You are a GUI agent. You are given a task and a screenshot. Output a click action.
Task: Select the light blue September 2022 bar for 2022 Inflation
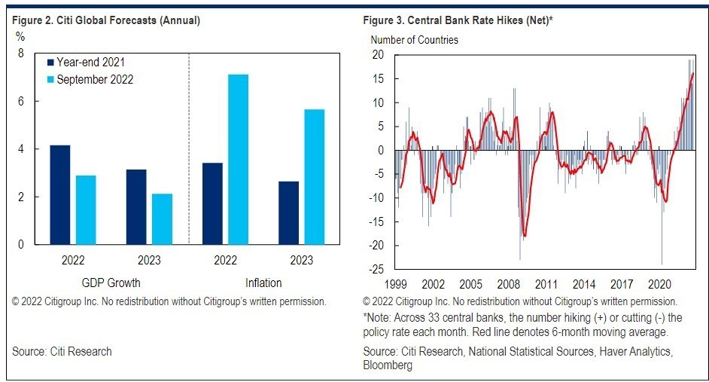pyautogui.click(x=238, y=159)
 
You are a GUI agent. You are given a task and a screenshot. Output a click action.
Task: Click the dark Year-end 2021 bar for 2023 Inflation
pyautogui.click(x=288, y=213)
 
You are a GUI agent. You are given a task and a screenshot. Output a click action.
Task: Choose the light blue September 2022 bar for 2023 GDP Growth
pyautogui.click(x=162, y=219)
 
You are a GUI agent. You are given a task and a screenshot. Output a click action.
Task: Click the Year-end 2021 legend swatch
pyautogui.click(x=50, y=63)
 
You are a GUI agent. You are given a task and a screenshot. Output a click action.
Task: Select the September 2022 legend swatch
pyautogui.click(x=50, y=79)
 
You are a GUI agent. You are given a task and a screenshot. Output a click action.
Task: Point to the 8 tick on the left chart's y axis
pyautogui.click(x=20, y=53)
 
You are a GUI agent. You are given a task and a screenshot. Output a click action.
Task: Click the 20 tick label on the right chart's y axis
pyautogui.click(x=379, y=55)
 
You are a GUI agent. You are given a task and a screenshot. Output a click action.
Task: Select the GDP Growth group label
pyautogui.click(x=111, y=283)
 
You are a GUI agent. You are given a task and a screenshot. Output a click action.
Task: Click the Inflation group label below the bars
pyautogui.click(x=263, y=283)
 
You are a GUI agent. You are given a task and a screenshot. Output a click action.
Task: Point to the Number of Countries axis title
pyautogui.click(x=413, y=40)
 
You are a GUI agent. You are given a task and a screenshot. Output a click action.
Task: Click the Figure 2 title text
pyautogui.click(x=106, y=20)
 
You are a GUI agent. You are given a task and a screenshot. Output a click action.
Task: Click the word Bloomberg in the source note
pyautogui.click(x=387, y=365)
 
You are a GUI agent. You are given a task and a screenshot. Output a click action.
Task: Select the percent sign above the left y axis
pyautogui.click(x=21, y=37)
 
